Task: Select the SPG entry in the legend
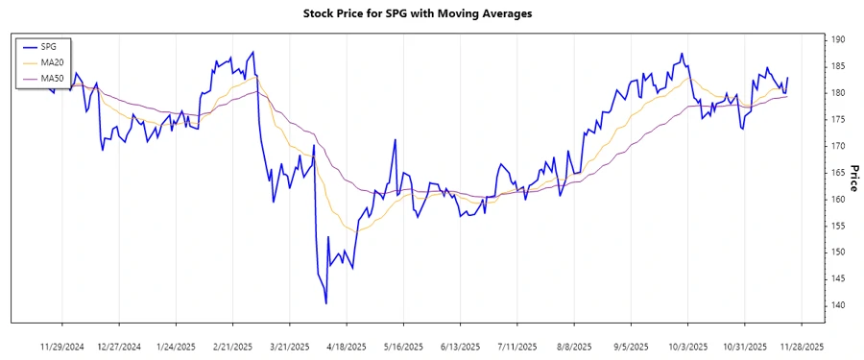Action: [x=44, y=46]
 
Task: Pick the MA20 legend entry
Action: [x=47, y=61]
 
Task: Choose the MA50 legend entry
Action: [x=47, y=77]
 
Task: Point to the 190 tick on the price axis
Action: [x=838, y=39]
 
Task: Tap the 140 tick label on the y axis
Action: [x=838, y=305]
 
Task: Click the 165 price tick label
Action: [x=838, y=173]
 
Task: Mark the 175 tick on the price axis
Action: [x=838, y=119]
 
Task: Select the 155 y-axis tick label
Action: [x=838, y=226]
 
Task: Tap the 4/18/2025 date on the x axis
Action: [x=347, y=346]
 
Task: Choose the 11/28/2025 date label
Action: [x=800, y=346]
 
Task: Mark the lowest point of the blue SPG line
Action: [x=326, y=303]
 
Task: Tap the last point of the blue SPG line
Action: [x=787, y=78]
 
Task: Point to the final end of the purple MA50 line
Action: [x=787, y=96]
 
